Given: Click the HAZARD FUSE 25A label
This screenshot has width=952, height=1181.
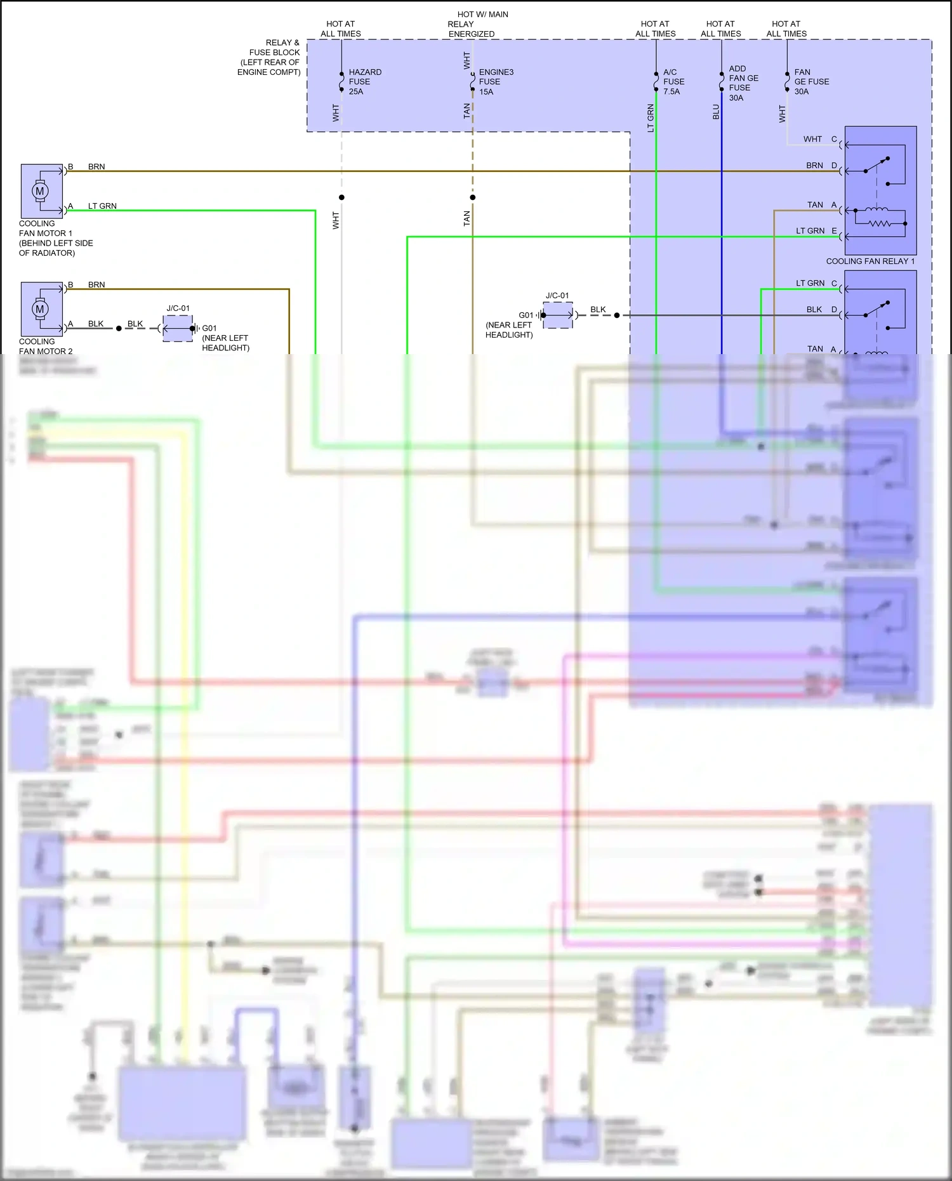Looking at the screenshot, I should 364,82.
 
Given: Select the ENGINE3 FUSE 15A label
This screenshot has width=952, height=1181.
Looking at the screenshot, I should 495,82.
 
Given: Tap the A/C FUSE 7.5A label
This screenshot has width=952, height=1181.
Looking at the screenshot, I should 673,82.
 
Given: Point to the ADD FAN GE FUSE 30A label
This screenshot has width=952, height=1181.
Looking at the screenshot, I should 743,83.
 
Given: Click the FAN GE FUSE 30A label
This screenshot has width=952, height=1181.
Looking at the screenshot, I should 810,82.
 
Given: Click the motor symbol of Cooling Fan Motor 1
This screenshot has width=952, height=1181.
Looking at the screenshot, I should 40,191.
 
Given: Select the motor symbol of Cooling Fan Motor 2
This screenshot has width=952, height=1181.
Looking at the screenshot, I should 40,309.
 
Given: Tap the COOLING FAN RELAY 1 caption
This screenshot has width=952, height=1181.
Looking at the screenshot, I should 869,261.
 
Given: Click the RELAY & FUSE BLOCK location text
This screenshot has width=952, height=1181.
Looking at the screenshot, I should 269,58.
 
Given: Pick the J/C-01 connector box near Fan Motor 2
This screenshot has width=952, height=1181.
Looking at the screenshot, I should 178,329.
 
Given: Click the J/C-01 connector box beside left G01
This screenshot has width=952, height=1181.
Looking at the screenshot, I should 558,315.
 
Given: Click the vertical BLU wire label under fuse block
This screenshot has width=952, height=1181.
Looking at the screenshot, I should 716,112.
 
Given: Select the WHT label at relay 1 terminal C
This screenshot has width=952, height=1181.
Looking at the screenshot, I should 812,139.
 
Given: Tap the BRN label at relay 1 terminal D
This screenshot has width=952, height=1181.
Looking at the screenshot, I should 814,166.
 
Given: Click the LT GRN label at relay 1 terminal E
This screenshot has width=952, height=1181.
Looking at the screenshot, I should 810,231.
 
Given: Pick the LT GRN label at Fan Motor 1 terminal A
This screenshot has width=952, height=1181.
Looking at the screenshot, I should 102,206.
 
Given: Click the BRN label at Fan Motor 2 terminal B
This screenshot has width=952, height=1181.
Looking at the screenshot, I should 96,285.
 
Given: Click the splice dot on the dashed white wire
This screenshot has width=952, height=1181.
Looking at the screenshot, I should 341,197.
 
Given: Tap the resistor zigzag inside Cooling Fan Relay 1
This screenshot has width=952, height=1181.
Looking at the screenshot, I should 880,224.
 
